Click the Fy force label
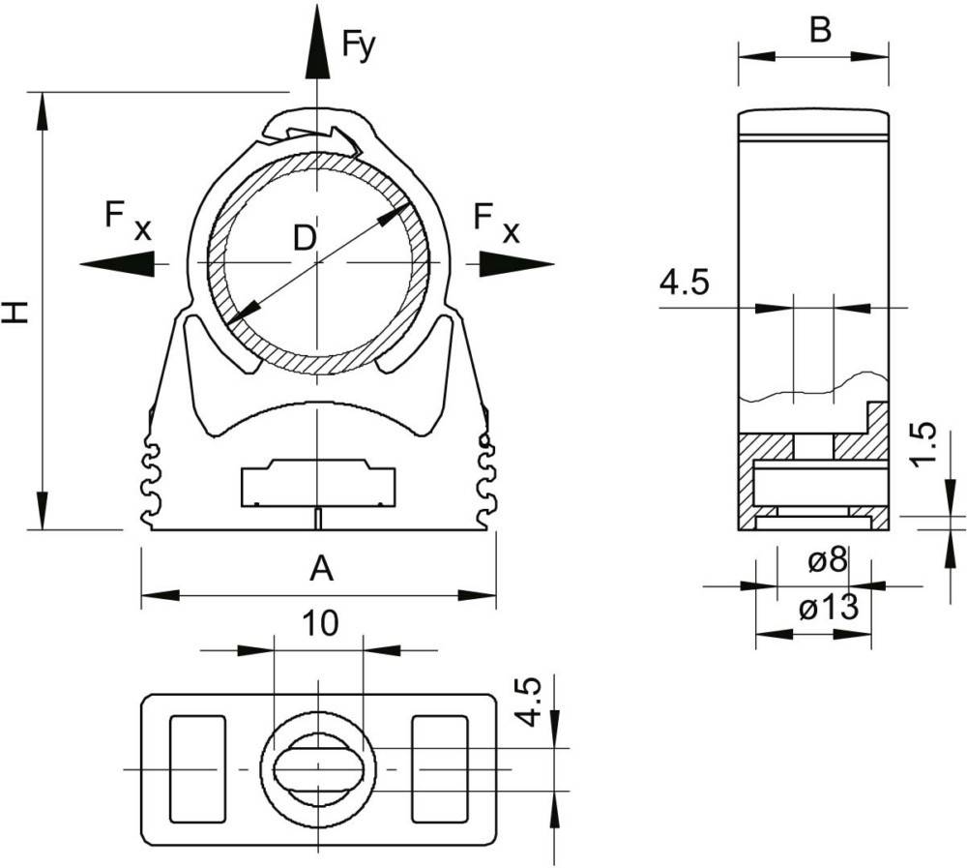(359, 45)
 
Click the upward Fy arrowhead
(317, 43)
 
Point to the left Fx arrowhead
(117, 263)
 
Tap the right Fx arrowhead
(516, 263)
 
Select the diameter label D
(304, 238)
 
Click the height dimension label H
(15, 312)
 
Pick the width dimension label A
(321, 569)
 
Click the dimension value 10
(320, 623)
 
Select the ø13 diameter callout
(829, 608)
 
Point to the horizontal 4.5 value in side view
(685, 284)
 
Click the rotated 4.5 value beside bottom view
(528, 702)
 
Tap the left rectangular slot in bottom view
(198, 769)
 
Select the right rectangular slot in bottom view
(440, 769)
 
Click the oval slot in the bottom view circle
(318, 769)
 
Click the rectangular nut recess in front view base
(318, 483)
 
